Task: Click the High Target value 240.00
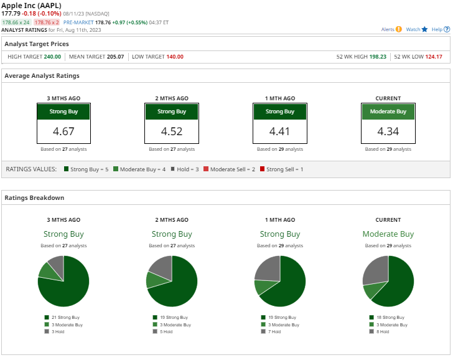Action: (52, 57)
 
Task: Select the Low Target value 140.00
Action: (175, 57)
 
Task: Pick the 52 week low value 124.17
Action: (433, 57)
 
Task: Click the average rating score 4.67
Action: (63, 131)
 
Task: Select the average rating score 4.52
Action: (171, 131)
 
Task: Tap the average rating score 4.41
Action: (279, 131)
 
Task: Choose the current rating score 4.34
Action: (388, 131)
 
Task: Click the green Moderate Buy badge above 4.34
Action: (388, 111)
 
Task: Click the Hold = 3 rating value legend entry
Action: (180, 169)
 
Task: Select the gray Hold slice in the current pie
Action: (375, 269)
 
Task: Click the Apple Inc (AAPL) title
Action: (32, 6)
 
